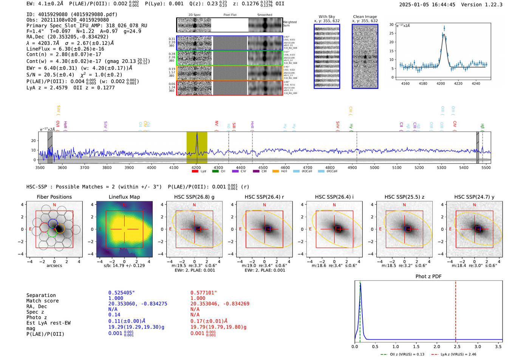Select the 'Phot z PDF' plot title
(428, 277)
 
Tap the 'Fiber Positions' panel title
(54, 197)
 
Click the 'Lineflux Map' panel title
(124, 197)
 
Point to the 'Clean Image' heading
(365, 17)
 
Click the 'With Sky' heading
(326, 17)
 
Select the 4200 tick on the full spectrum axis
(196, 167)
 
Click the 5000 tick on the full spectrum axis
(374, 167)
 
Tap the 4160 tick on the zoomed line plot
(405, 83)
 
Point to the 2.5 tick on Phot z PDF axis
(457, 346)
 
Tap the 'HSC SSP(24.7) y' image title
(474, 197)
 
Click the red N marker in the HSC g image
(194, 205)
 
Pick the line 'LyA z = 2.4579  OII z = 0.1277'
(70, 88)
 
